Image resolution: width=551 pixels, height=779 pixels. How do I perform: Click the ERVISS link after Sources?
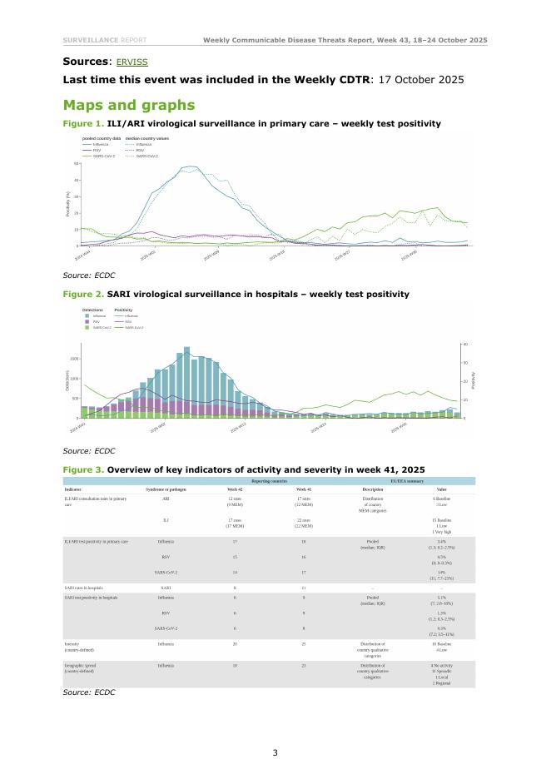click(x=132, y=62)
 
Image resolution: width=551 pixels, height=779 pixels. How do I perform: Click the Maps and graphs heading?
click(x=129, y=106)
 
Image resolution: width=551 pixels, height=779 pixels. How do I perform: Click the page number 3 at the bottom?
click(x=275, y=753)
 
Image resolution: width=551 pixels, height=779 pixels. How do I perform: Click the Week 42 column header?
click(x=236, y=489)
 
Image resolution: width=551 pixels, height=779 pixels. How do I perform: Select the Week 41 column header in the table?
click(x=303, y=489)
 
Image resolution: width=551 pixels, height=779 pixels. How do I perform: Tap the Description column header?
click(x=372, y=489)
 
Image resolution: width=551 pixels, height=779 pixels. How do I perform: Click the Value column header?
click(x=441, y=489)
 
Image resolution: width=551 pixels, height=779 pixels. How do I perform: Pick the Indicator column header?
click(x=73, y=489)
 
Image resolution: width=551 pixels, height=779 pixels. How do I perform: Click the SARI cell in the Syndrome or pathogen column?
click(x=166, y=588)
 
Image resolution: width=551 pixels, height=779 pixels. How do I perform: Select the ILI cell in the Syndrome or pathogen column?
click(x=166, y=520)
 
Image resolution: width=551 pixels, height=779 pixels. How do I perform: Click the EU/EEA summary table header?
click(x=407, y=481)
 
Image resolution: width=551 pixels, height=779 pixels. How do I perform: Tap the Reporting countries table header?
click(x=270, y=481)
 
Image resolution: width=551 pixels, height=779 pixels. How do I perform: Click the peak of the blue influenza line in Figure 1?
click(x=190, y=167)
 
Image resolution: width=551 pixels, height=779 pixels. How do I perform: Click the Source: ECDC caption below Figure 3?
click(x=89, y=692)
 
